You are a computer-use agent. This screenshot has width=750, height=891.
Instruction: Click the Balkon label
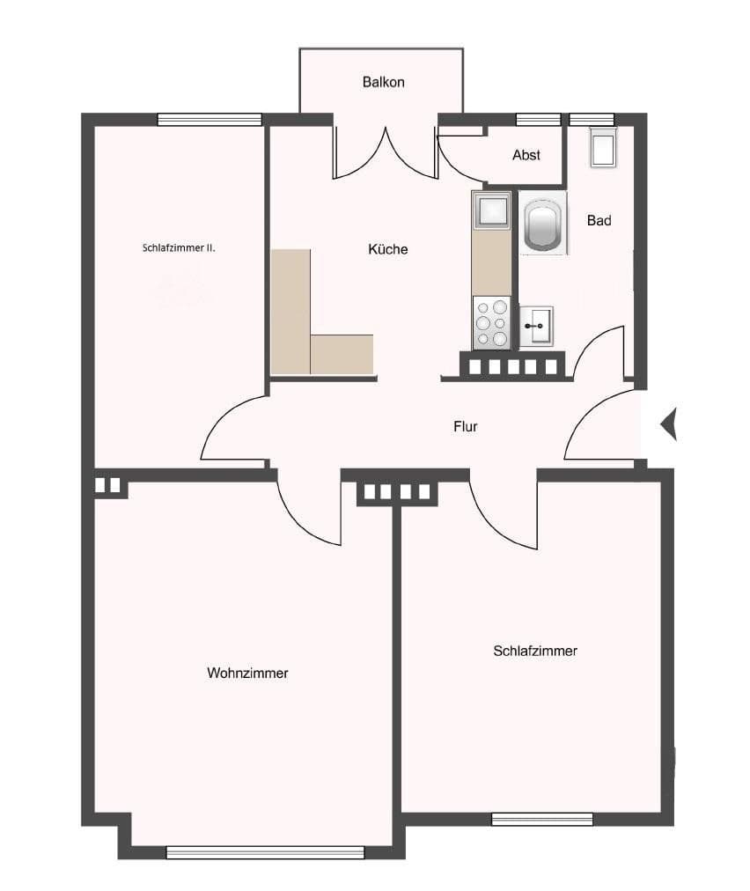[383, 82]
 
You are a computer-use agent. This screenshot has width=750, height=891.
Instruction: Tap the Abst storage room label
[526, 155]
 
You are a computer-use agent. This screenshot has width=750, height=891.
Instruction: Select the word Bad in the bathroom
[599, 220]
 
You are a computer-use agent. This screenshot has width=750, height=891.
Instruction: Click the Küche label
[387, 249]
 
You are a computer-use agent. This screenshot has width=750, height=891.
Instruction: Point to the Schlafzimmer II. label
[179, 248]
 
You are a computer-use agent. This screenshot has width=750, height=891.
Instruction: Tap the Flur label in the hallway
[465, 426]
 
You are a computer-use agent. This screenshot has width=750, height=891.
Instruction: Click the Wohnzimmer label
[247, 673]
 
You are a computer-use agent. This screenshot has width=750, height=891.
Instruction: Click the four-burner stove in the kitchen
[491, 323]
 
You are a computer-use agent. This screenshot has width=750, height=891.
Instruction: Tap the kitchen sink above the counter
[490, 211]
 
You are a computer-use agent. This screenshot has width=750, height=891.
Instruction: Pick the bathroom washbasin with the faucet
[536, 326]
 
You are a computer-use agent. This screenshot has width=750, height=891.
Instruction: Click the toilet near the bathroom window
[603, 147]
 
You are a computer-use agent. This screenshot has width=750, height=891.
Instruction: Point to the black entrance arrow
[668, 424]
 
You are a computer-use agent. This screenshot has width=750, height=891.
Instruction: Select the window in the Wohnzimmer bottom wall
[265, 851]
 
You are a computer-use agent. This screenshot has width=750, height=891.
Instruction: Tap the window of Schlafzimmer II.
[210, 120]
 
